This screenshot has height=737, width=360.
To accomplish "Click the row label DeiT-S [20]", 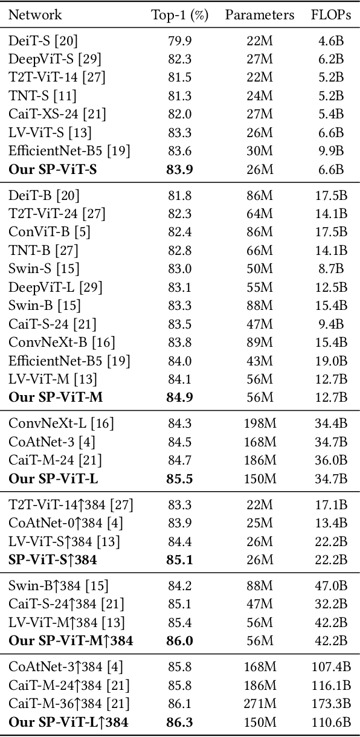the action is click(43, 41).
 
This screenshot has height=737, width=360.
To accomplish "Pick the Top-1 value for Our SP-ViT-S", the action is click(179, 170).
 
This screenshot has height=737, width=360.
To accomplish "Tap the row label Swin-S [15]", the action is click(44, 269).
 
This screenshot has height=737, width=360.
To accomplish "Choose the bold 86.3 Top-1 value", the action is click(179, 721).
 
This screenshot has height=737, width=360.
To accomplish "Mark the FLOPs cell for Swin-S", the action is click(331, 269).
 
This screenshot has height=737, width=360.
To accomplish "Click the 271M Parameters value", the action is click(260, 703).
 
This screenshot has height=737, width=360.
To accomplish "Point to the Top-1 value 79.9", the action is click(179, 41).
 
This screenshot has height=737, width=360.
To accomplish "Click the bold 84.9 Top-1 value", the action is click(179, 397).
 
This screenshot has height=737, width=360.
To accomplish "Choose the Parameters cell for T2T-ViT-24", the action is click(260, 214).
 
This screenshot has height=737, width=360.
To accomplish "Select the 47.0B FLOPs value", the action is click(331, 585).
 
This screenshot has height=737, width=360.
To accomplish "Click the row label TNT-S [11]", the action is click(42, 96).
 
